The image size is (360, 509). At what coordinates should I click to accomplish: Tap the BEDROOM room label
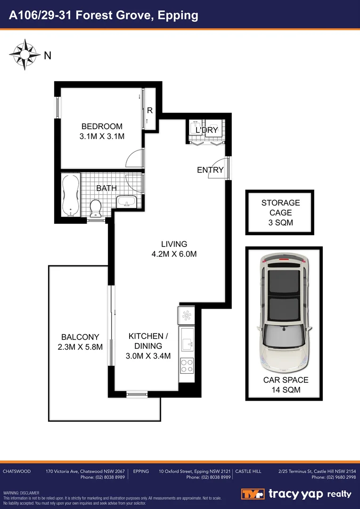click(102, 126)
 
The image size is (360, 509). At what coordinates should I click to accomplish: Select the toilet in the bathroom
click(96, 208)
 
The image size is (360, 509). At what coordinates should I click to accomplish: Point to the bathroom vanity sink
click(126, 202)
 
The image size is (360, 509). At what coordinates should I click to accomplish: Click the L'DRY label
click(206, 130)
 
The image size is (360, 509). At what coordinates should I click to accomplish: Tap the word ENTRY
click(210, 170)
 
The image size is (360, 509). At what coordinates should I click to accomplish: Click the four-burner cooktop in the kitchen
click(187, 366)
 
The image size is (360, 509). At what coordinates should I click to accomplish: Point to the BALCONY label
click(80, 337)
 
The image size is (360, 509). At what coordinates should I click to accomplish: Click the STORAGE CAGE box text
click(280, 213)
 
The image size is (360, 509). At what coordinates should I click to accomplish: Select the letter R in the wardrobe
click(150, 111)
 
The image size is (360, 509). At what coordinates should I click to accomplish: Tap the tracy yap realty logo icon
click(252, 494)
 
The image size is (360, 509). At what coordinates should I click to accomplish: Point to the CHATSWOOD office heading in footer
click(17, 471)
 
